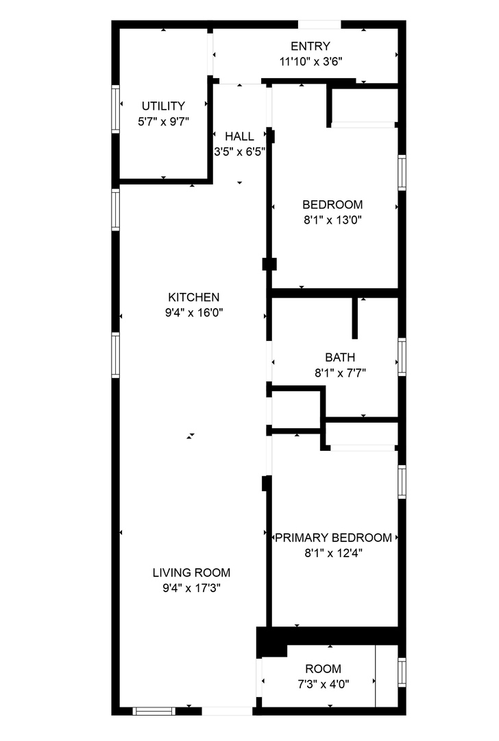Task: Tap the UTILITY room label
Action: [x=163, y=106]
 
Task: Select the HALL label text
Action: [x=239, y=136]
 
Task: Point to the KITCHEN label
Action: [x=194, y=297]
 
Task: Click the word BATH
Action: [x=340, y=357]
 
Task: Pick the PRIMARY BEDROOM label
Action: [x=333, y=537]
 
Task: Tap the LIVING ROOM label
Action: [x=191, y=572]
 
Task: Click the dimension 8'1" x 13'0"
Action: [x=332, y=220]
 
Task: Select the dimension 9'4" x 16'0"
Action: [x=194, y=313]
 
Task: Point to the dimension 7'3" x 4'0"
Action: [x=323, y=684]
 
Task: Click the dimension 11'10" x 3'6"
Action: [x=311, y=61]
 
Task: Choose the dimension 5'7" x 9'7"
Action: [x=163, y=121]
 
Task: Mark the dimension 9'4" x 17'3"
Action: [x=191, y=588]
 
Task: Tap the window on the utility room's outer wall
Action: [x=116, y=108]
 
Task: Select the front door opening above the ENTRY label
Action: [x=319, y=25]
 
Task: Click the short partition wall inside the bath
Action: [x=355, y=318]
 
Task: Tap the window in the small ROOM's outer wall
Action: [x=402, y=672]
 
